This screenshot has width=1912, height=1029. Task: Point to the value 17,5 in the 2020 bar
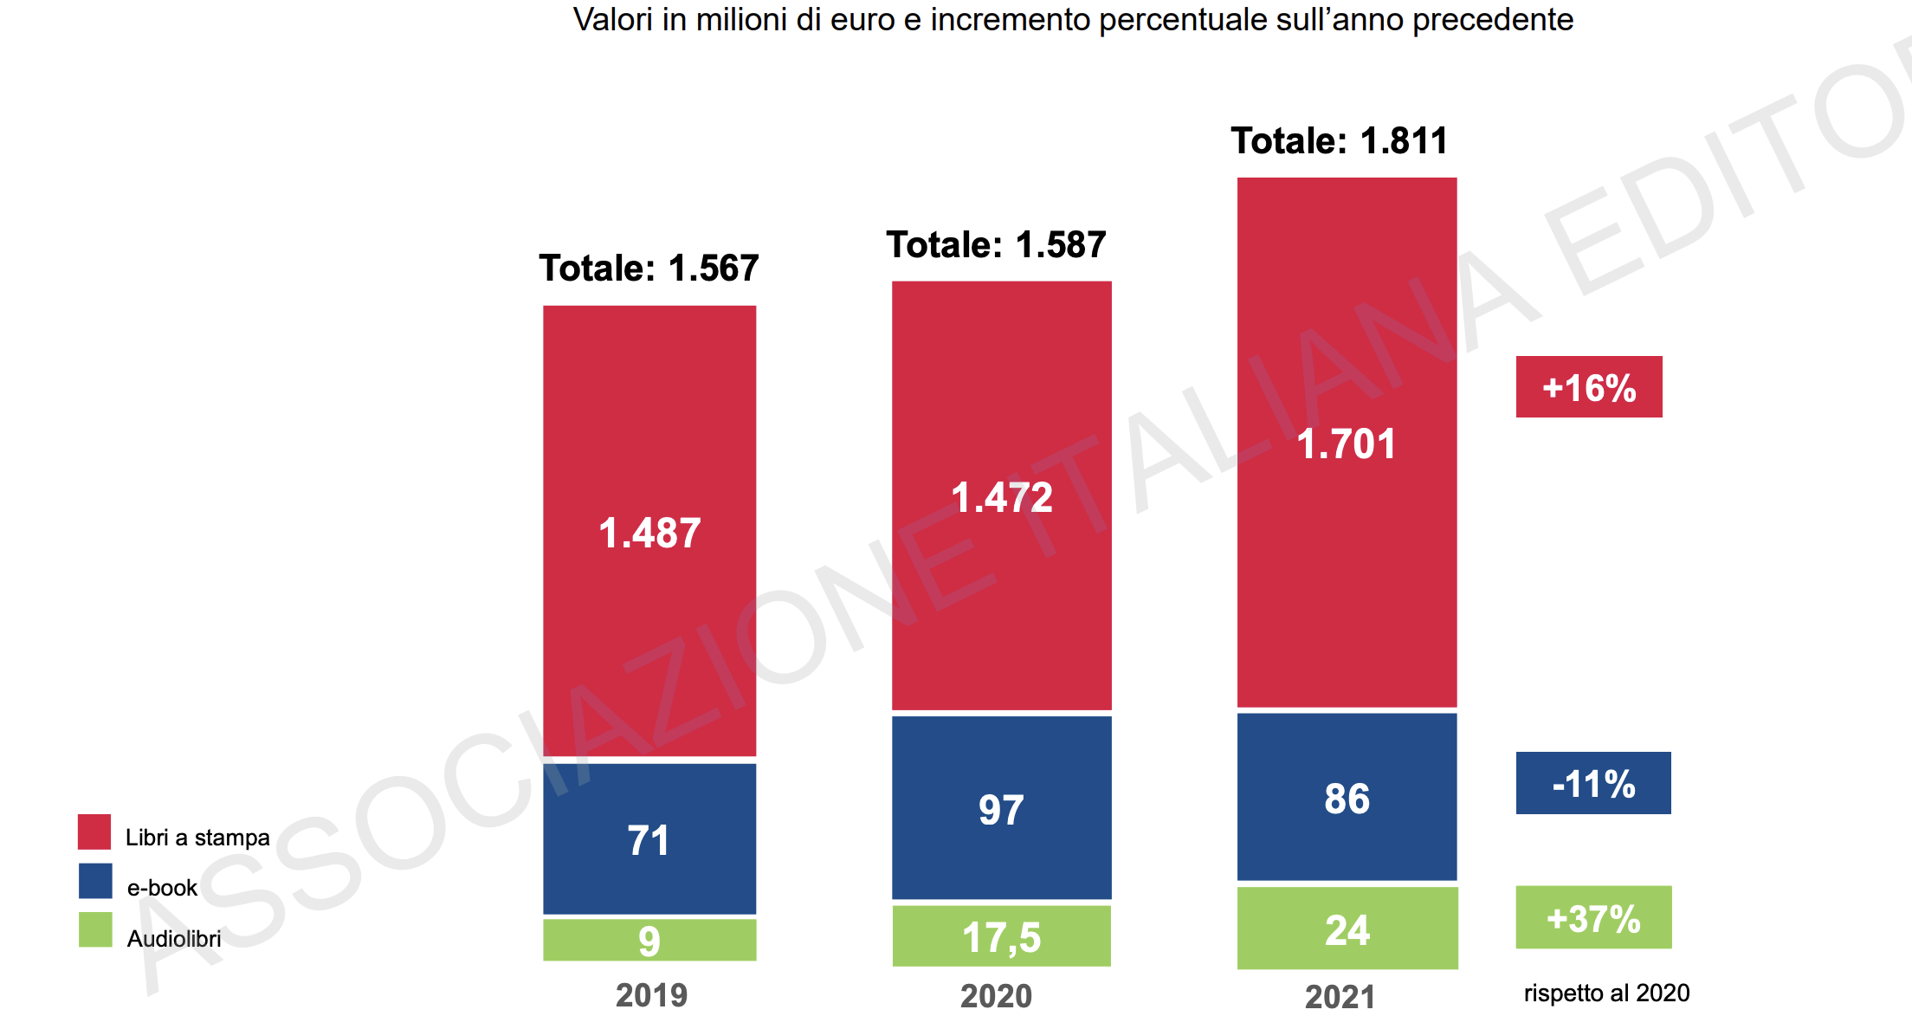point(1001,937)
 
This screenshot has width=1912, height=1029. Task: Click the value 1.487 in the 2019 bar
point(649,533)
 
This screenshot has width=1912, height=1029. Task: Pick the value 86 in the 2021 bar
point(1347,799)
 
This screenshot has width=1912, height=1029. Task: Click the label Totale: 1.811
point(1339,141)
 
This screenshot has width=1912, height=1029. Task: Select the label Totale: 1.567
point(649,269)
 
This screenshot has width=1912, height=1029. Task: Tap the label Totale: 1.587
point(996,245)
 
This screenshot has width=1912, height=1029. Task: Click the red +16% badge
point(1589,387)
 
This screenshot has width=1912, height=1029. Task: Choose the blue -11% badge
point(1593,783)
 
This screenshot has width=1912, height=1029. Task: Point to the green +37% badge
point(1593,918)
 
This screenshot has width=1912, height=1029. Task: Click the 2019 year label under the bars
point(651,995)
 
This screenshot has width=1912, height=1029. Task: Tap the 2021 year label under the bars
point(1340,997)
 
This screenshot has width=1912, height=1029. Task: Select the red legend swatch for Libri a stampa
point(94,832)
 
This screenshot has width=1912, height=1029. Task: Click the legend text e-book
point(162,888)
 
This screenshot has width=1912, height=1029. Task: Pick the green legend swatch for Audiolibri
point(95,929)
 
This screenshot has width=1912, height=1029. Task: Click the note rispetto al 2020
point(1606,993)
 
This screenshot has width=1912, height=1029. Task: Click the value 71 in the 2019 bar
point(648,840)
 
